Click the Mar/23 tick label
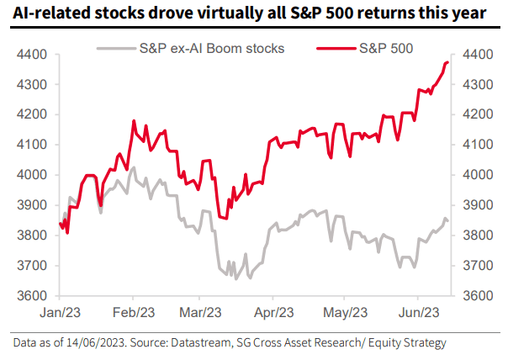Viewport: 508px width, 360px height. click(199, 312)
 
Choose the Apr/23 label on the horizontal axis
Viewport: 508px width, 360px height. click(272, 312)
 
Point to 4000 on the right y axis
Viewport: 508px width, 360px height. click(475, 175)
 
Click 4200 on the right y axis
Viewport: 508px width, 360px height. click(475, 114)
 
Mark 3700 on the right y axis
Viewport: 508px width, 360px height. click(475, 266)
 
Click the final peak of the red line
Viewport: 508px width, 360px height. click(447, 62)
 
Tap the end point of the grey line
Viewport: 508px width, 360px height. click(447, 220)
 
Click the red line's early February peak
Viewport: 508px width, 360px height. click(133, 121)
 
